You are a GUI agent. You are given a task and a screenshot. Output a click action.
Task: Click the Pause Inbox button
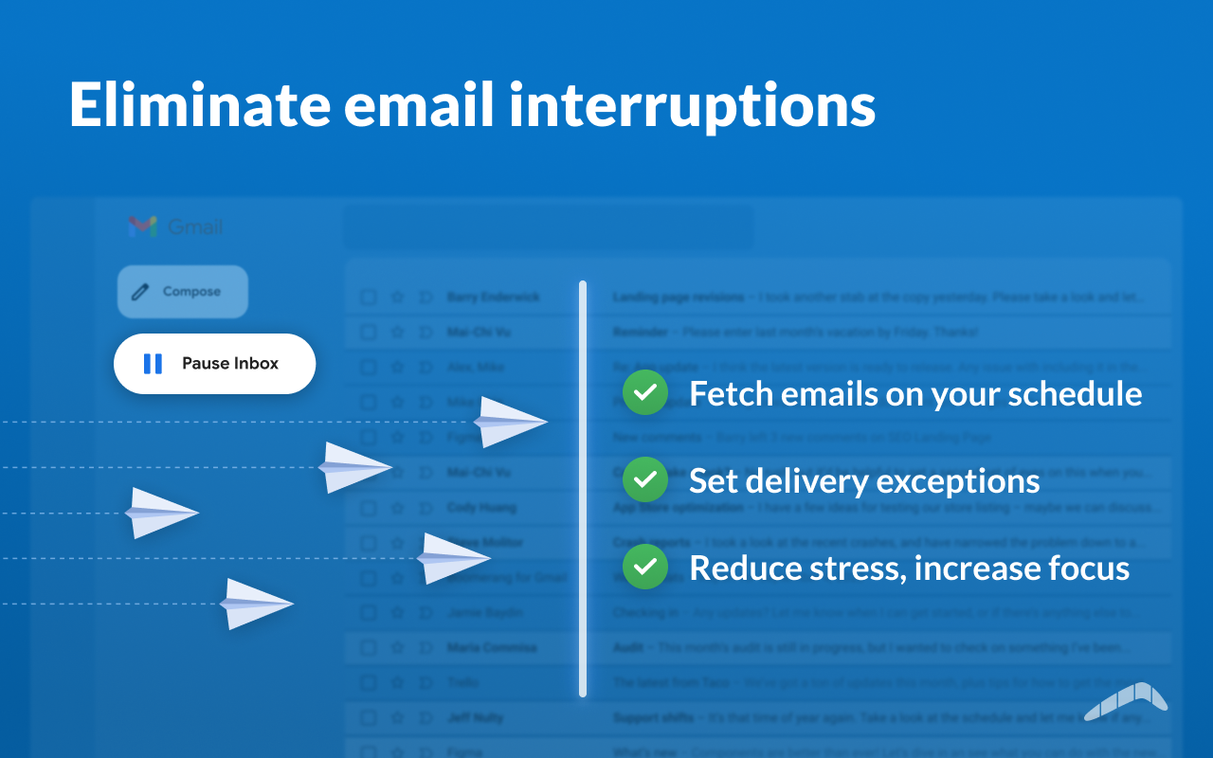click(214, 364)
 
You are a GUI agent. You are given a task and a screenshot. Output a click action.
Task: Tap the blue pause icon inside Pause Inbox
click(153, 364)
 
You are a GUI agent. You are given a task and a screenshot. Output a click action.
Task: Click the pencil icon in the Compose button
click(140, 292)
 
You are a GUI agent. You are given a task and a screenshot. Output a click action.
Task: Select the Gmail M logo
click(142, 226)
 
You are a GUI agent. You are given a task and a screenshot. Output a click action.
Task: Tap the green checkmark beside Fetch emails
click(645, 393)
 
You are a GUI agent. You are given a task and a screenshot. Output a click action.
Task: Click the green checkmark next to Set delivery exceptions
click(645, 480)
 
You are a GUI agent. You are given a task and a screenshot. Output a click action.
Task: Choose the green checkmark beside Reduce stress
click(645, 567)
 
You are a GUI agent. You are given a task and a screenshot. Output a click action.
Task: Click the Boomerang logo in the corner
click(1126, 702)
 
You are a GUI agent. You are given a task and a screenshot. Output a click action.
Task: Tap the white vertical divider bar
click(583, 488)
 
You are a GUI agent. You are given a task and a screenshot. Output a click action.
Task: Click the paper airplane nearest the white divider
click(509, 422)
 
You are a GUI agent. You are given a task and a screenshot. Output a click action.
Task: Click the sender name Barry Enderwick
click(493, 298)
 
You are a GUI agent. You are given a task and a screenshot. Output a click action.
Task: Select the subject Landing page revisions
click(678, 298)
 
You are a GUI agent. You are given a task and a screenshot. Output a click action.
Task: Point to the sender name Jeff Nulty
click(477, 717)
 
